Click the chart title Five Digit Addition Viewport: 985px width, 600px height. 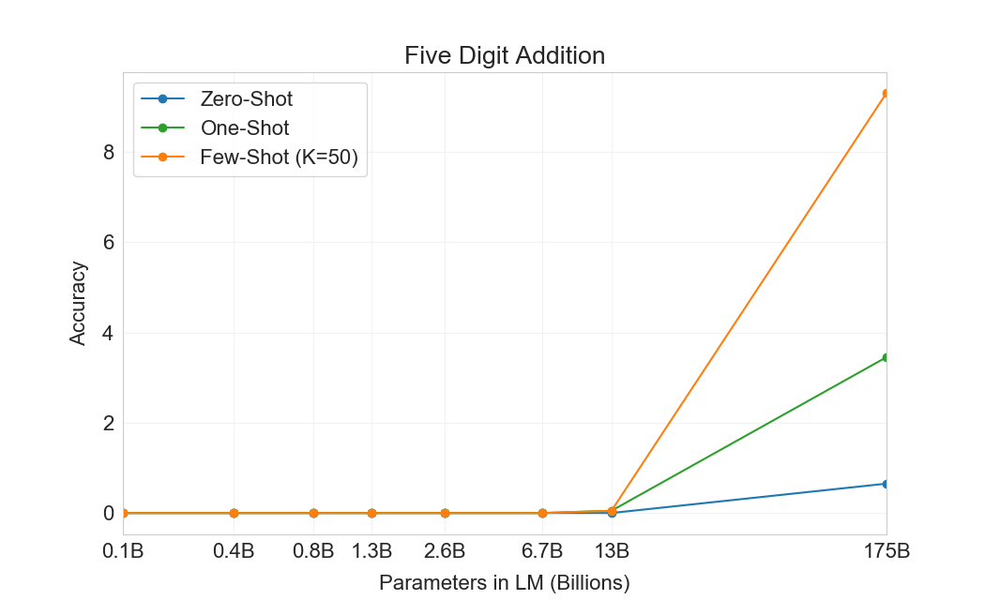pyautogui.click(x=505, y=55)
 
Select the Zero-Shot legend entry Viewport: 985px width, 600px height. pyautogui.click(x=246, y=98)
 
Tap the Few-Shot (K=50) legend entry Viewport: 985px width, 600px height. pyautogui.click(x=279, y=157)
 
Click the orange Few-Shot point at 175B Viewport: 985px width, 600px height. pyautogui.click(x=886, y=94)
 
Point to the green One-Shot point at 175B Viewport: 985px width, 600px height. pyautogui.click(x=886, y=357)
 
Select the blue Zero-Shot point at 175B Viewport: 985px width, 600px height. pyautogui.click(x=886, y=484)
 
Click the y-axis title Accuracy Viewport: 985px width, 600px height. pyautogui.click(x=79, y=303)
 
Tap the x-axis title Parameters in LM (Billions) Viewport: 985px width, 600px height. pyautogui.click(x=504, y=582)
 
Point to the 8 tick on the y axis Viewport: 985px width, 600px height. pyautogui.click(x=108, y=152)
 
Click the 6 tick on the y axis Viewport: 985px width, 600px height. pyautogui.click(x=108, y=243)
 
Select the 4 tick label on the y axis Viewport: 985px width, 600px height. pyautogui.click(x=108, y=333)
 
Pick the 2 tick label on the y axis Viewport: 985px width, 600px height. pyautogui.click(x=108, y=423)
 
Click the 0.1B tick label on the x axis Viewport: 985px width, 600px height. pyautogui.click(x=122, y=550)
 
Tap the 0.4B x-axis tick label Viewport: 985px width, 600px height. pyautogui.click(x=234, y=550)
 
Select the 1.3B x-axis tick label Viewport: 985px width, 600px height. pyautogui.click(x=371, y=550)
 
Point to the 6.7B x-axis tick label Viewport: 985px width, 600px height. pyautogui.click(x=542, y=550)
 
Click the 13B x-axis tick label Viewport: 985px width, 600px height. pyautogui.click(x=612, y=550)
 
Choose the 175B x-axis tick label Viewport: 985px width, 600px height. pyautogui.click(x=886, y=550)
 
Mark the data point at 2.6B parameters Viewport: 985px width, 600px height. pyautogui.click(x=445, y=513)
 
